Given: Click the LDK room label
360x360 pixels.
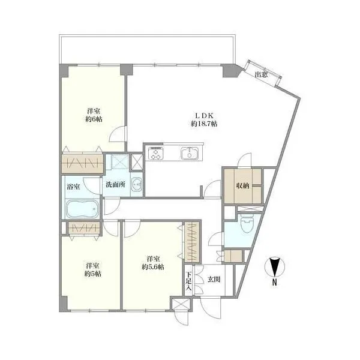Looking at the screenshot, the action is tap(205, 115).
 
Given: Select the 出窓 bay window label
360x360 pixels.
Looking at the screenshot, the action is tap(261, 74).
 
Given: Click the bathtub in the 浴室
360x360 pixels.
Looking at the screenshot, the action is tap(82, 209).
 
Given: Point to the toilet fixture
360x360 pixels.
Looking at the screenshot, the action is tap(247, 223).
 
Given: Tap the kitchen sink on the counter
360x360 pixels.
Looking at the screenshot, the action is tap(190, 153).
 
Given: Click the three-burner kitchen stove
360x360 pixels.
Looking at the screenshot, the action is tap(156, 153).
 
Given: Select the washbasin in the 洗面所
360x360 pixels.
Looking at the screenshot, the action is tap(137, 185).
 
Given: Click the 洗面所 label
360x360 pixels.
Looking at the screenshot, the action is tap(115, 184).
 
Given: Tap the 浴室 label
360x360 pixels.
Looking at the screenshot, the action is tap(73, 187).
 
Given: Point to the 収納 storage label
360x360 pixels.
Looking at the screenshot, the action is tap(242, 185).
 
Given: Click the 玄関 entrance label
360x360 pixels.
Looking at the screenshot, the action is tap(214, 279).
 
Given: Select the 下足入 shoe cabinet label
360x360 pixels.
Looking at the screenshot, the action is tap(189, 281).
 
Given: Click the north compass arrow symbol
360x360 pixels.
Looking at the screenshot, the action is tap(274, 266).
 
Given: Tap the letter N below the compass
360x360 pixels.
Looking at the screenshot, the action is tap(274, 282).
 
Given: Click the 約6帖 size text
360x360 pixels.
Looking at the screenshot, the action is tap(94, 119).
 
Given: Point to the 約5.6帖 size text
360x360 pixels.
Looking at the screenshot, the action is tap(153, 267).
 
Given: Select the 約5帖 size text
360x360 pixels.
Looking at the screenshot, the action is tap(93, 274).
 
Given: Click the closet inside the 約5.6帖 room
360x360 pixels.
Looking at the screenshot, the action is tap(192, 242).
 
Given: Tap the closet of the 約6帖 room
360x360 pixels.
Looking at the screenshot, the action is tap(82, 163).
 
